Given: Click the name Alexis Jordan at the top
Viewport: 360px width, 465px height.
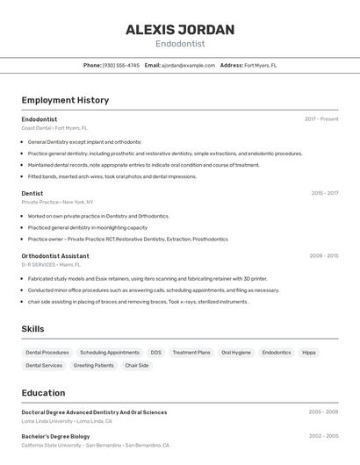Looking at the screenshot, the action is point(180,30).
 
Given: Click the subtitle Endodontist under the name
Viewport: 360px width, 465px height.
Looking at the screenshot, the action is point(180,44).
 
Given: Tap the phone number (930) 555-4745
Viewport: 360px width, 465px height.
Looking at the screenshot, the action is point(121,65).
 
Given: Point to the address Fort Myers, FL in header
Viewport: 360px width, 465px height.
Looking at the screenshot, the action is point(260,65).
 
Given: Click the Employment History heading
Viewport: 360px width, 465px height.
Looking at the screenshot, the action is point(65,100).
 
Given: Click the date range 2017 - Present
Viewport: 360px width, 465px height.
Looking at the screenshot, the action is point(321,119).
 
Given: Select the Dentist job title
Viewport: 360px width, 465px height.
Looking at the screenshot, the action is point(32,193).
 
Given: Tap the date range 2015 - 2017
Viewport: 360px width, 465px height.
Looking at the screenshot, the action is point(325,193).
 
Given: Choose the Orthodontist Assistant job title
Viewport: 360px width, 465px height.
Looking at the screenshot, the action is point(55,256).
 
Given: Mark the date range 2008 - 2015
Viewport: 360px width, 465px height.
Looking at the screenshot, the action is point(324,256).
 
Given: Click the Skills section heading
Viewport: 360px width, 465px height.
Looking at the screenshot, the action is point(33,329).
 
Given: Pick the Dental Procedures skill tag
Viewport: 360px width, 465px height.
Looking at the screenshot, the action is point(47,353).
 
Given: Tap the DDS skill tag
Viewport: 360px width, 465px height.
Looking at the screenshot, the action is point(155,353).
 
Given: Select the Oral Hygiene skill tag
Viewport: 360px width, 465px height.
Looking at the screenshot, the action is point(236,353).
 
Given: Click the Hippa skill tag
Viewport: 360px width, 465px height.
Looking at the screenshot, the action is point(309,353).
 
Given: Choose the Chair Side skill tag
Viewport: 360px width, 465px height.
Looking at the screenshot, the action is point(137,366).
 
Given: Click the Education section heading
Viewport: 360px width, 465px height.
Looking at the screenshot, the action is point(43,393).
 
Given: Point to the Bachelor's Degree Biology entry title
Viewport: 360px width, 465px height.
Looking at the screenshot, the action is point(55,436).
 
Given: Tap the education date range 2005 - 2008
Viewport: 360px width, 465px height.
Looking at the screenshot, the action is point(323,411).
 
